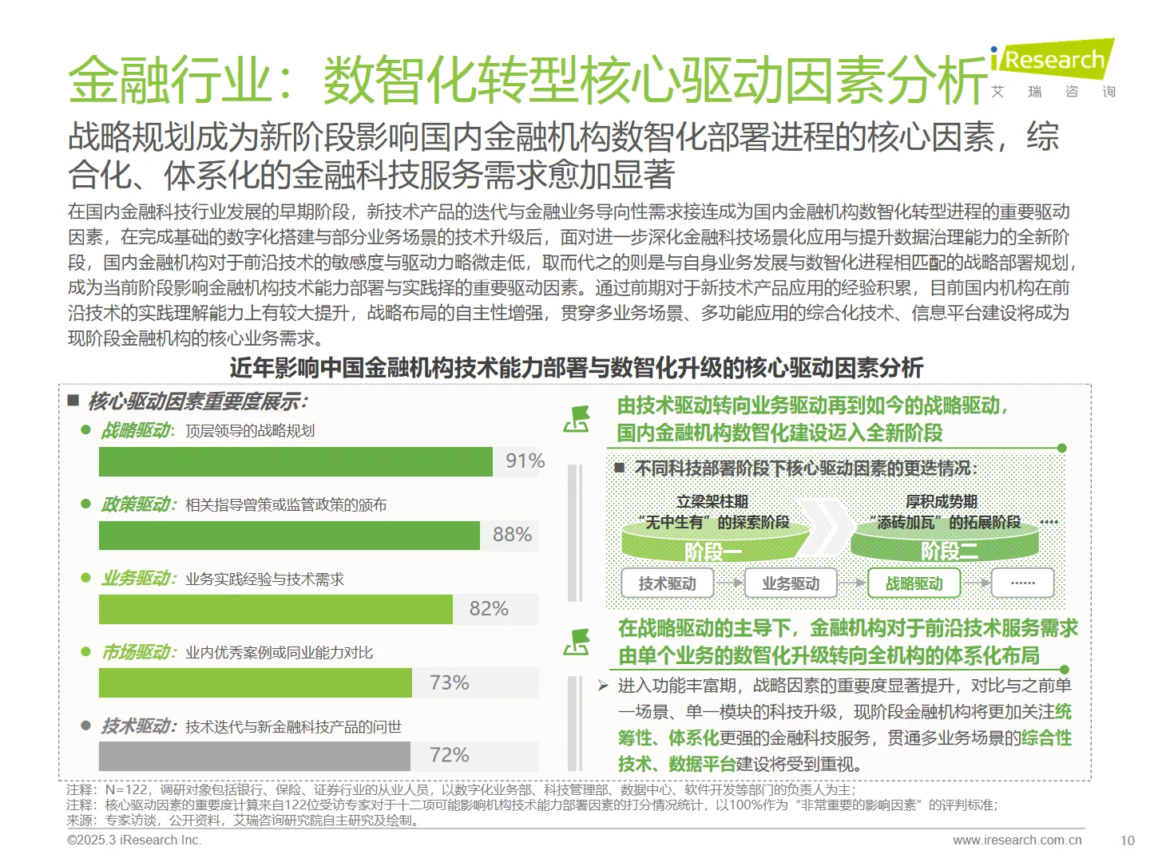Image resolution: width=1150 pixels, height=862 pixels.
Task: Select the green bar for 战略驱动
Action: coord(295,461)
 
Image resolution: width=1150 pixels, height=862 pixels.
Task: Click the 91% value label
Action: coord(525,461)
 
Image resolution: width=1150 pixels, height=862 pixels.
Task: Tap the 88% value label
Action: coord(512,535)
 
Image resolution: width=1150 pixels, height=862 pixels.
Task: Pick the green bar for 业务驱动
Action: coord(276,609)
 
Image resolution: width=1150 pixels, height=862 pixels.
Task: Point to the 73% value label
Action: coord(449,683)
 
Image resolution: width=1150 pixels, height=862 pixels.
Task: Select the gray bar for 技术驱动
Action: coord(254,756)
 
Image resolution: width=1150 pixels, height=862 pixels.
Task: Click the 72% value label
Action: coord(449,755)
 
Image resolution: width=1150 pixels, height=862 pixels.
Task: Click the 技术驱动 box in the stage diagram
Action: coord(667,583)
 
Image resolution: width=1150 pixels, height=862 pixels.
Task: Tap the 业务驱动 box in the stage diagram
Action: coord(791,583)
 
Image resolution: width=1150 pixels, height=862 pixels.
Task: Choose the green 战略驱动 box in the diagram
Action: coord(914,583)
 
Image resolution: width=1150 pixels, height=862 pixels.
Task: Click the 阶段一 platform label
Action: coord(713,551)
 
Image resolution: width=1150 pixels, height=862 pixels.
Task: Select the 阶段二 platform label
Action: coord(949,551)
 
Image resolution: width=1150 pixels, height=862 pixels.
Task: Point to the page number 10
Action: coord(1127,840)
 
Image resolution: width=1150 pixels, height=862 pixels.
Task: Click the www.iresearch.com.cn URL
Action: coord(1017,840)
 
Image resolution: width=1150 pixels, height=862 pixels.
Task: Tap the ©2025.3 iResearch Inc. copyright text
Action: coord(134,840)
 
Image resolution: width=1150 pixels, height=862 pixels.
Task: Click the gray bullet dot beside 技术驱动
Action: coord(86,726)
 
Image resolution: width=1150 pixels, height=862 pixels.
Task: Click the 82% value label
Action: coord(489,609)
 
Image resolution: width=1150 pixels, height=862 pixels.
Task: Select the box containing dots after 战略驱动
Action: coord(1023,583)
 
